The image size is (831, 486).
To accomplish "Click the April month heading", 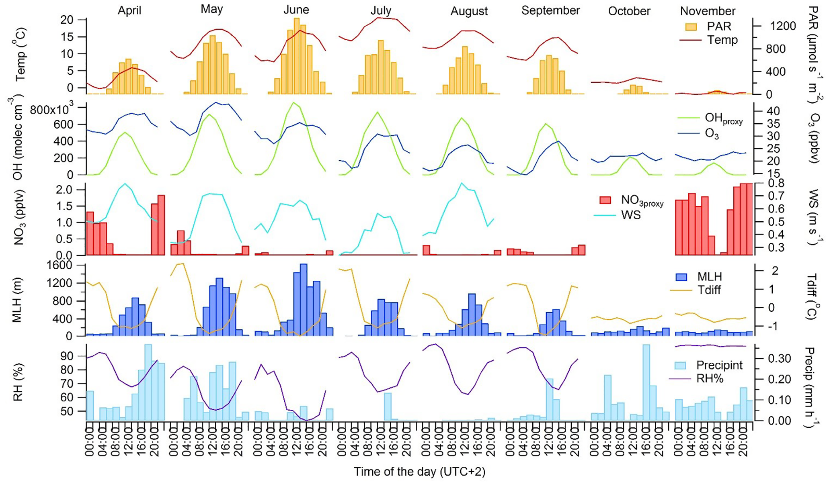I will [x=129, y=10].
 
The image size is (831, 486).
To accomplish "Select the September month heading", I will [x=550, y=10].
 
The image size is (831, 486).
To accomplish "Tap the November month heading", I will [x=708, y=11].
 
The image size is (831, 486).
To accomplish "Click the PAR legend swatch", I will [x=691, y=27].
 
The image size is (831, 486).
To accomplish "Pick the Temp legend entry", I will [x=722, y=40].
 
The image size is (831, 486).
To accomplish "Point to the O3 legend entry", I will [x=712, y=133].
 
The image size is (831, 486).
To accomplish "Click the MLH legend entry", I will [x=710, y=277].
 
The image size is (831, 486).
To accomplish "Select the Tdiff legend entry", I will [x=709, y=290].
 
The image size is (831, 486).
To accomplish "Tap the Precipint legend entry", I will [x=719, y=365].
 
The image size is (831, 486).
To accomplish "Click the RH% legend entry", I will [x=710, y=378].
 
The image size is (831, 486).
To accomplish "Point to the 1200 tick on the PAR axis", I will [x=783, y=26].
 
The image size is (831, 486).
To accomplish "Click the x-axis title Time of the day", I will [x=419, y=472].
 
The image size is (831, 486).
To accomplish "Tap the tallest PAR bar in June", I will [x=297, y=56].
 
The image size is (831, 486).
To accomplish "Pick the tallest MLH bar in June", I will [x=304, y=300].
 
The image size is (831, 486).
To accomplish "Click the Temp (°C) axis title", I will [x=20, y=54].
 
